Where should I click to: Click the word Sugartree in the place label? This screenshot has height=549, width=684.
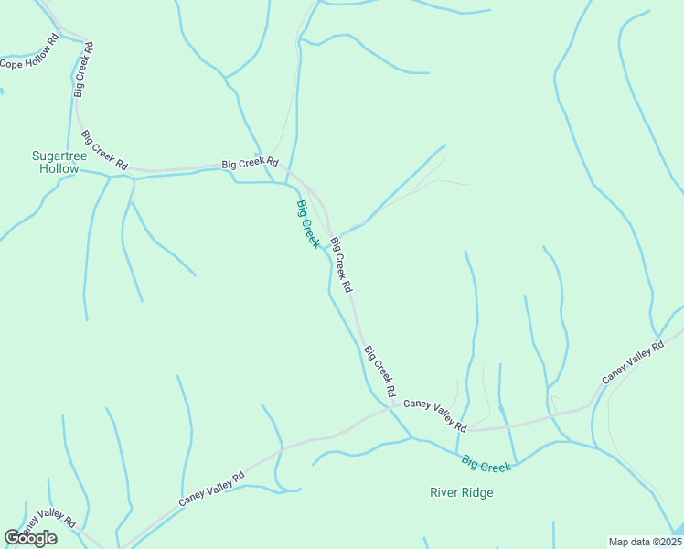tap(59, 156)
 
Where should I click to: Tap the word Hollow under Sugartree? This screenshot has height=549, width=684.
tap(59, 170)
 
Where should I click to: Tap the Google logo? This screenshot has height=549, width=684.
tap(30, 538)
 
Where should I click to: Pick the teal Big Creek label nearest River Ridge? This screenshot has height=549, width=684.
tap(486, 464)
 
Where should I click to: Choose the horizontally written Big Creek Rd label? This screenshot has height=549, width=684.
tap(250, 164)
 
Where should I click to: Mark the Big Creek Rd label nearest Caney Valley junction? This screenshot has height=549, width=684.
tap(379, 371)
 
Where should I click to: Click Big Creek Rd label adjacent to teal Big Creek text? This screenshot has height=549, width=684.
tap(341, 264)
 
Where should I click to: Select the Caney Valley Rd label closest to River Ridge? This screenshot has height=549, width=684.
tap(435, 414)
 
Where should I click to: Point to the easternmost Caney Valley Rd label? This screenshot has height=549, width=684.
tap(633, 363)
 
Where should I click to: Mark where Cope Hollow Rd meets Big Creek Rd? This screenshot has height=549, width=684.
tap(85, 42)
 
